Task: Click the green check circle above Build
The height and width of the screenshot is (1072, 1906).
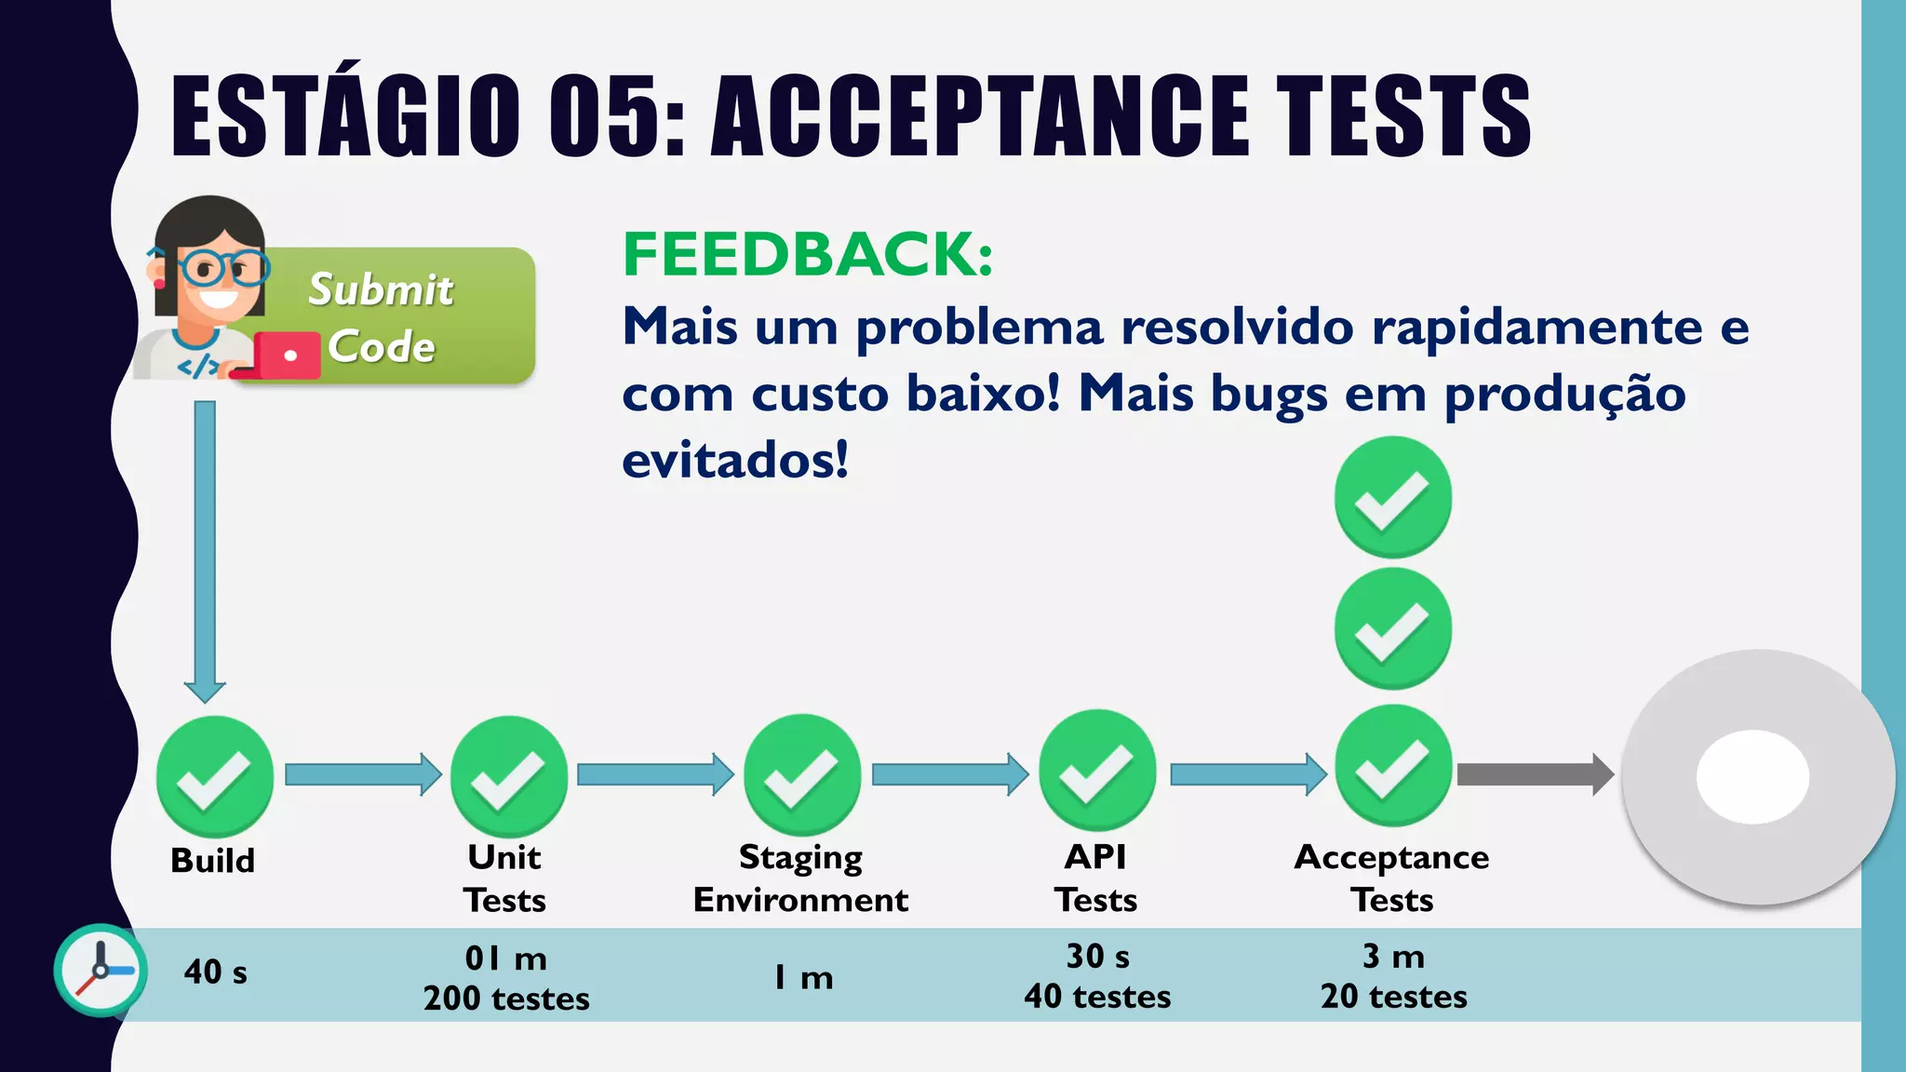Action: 215,776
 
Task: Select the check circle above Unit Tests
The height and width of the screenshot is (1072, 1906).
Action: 509,776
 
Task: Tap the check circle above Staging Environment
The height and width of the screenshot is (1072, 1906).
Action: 802,774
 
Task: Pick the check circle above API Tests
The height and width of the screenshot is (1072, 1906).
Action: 1097,770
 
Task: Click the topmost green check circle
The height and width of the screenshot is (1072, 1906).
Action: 1392,497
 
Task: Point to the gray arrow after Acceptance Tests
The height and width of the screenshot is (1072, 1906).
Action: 1534,774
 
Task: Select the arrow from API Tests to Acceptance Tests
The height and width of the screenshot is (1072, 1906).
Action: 1247,774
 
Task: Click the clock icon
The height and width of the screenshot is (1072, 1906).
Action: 101,970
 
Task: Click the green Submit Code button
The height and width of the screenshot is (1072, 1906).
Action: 400,316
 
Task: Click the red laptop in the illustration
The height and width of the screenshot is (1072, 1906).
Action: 287,355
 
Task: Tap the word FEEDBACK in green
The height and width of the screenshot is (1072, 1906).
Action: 807,254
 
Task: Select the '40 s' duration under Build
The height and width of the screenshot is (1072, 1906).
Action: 216,972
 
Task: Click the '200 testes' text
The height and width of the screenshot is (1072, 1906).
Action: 506,998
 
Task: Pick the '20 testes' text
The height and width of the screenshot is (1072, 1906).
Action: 1393,997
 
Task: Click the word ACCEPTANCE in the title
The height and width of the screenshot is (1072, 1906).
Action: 980,115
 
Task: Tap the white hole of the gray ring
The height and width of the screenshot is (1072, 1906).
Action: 1752,776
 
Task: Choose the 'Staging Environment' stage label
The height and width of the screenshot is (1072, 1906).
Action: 800,878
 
